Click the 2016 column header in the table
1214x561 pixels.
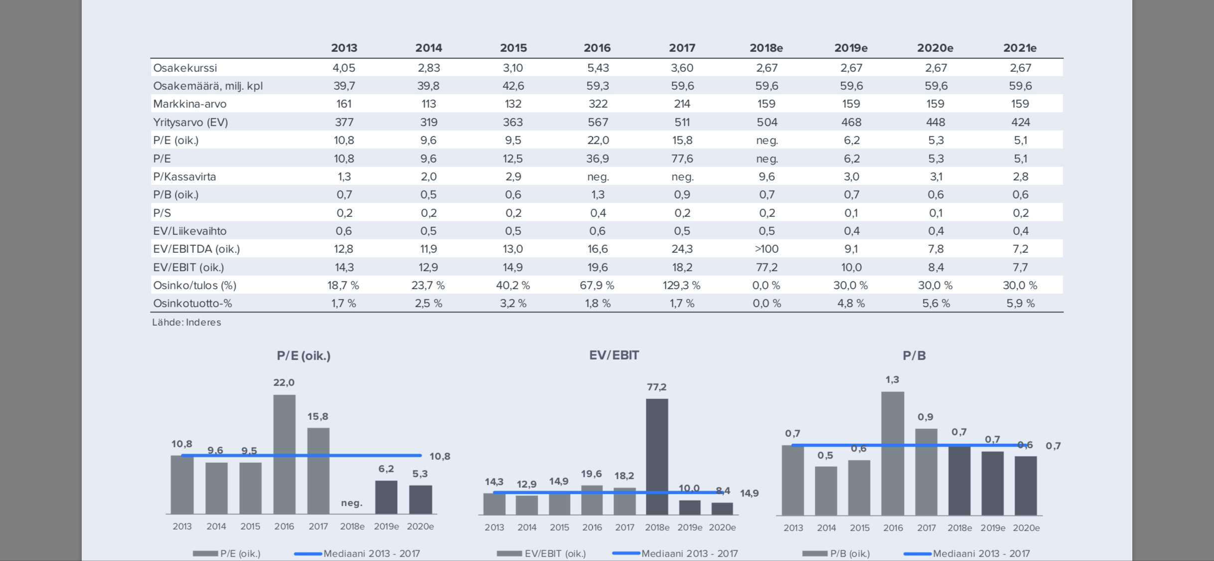[x=597, y=48]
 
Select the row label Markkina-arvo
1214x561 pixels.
[x=190, y=104]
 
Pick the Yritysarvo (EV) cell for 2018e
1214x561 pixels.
[x=766, y=122]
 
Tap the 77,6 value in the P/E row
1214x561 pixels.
[x=682, y=159]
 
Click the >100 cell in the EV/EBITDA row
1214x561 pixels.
[x=766, y=249]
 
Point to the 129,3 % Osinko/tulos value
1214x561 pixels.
[x=681, y=285]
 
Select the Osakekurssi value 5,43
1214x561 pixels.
[x=598, y=68]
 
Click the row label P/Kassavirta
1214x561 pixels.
[x=184, y=177]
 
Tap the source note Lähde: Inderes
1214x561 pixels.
[x=186, y=322]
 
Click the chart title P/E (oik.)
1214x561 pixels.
[x=303, y=356]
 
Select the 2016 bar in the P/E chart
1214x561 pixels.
[x=284, y=454]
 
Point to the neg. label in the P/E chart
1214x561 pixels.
[x=351, y=503]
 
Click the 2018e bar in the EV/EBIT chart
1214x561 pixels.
[x=657, y=456]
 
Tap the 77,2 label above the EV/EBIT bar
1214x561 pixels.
[x=656, y=387]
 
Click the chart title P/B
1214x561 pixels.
[x=914, y=356]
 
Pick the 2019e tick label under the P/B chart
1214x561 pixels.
[x=993, y=528]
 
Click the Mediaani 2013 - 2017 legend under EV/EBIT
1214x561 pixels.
[x=689, y=554]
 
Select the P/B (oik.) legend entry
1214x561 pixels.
[x=850, y=554]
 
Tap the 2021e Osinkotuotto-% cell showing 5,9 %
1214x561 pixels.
[x=1020, y=303]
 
